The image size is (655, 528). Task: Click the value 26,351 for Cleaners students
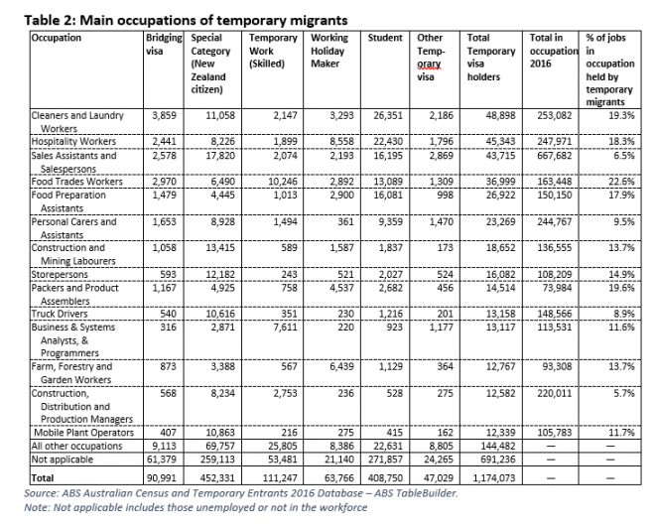(385, 116)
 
